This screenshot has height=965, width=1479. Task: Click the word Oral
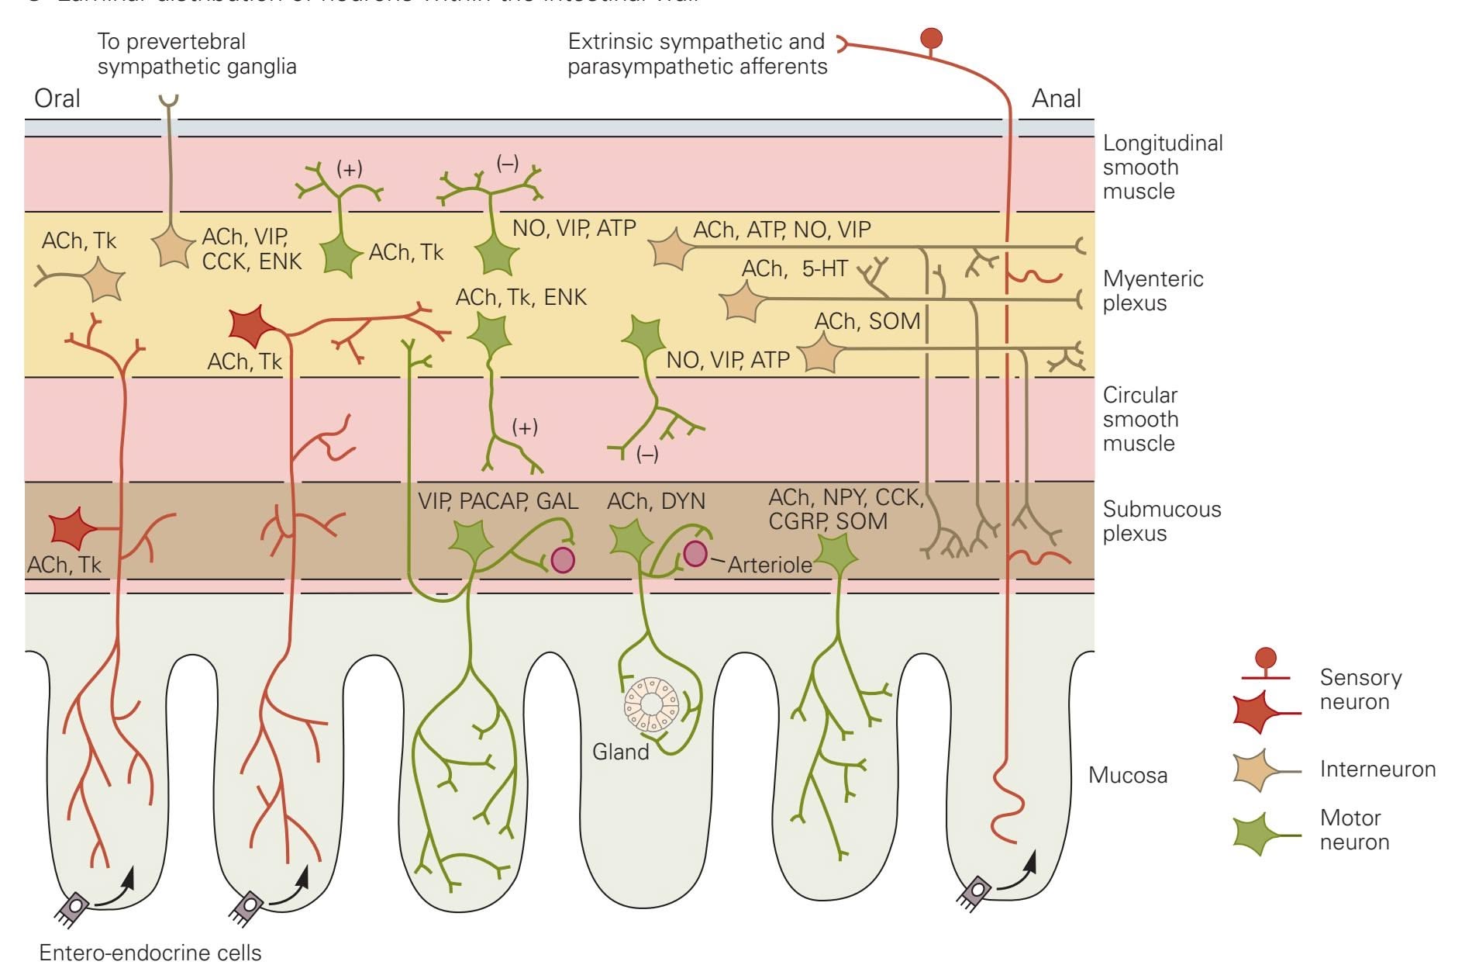pos(57,99)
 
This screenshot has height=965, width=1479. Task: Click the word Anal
pos(1056,99)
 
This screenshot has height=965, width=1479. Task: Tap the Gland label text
pos(620,752)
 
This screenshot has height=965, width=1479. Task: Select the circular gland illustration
pos(651,704)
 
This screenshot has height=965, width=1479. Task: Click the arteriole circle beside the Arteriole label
pos(695,553)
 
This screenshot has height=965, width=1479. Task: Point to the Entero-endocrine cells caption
pos(150,953)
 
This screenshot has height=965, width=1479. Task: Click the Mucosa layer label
pos(1127,775)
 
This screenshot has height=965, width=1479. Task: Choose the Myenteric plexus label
pos(1153,290)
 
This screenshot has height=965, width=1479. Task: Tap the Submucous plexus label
pos(1161,521)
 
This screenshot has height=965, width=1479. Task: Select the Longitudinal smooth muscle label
pos(1162,167)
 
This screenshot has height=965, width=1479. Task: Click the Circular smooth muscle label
pos(1140,419)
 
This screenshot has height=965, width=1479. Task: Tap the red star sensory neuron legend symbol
pos(1257,710)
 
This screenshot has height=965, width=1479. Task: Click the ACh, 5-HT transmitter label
pos(794,268)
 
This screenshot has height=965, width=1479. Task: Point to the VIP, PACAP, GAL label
pos(498,501)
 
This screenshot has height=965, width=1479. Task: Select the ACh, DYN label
pos(656,501)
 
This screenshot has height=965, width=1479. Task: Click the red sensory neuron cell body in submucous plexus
pos(74,529)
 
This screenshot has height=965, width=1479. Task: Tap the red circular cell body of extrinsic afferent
pos(931,38)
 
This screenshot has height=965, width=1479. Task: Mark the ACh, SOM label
pos(867,321)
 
